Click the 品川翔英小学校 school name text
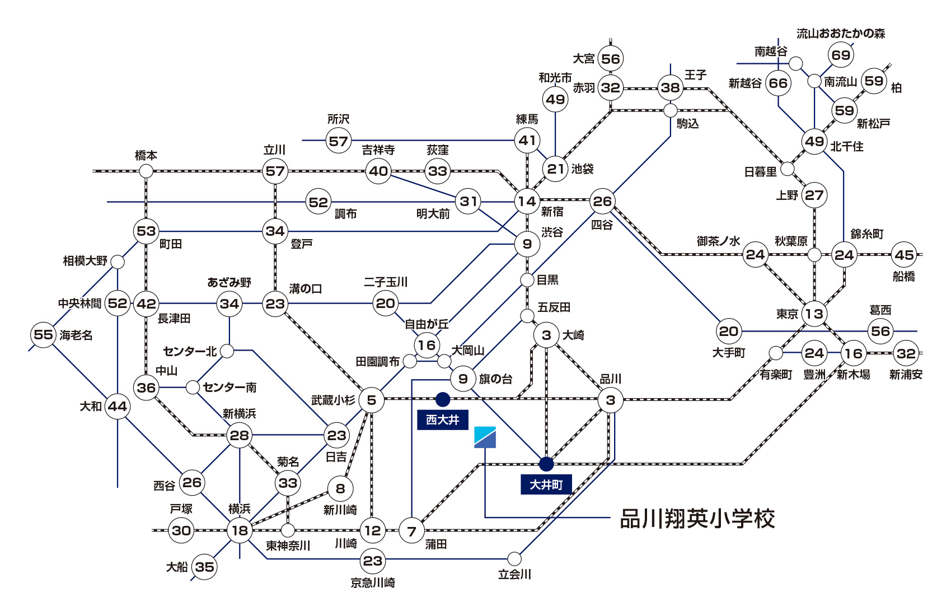tap(697, 519)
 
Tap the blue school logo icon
tap(485, 437)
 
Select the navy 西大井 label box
tap(442, 420)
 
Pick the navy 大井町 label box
tap(546, 484)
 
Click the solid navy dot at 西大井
tap(442, 399)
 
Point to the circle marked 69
tap(841, 55)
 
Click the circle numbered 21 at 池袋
tap(555, 169)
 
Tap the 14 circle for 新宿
tap(527, 201)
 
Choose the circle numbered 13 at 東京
tap(814, 314)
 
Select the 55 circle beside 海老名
tap(43, 335)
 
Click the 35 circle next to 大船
tap(204, 567)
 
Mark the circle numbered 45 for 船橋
tap(904, 255)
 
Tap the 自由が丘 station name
tap(427, 324)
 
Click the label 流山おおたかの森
tap(841, 34)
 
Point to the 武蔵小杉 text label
tap(333, 400)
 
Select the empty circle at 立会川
tap(514, 558)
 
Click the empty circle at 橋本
tap(146, 171)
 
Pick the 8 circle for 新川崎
tap(340, 488)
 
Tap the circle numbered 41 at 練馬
tap(527, 141)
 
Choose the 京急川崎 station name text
tap(373, 582)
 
